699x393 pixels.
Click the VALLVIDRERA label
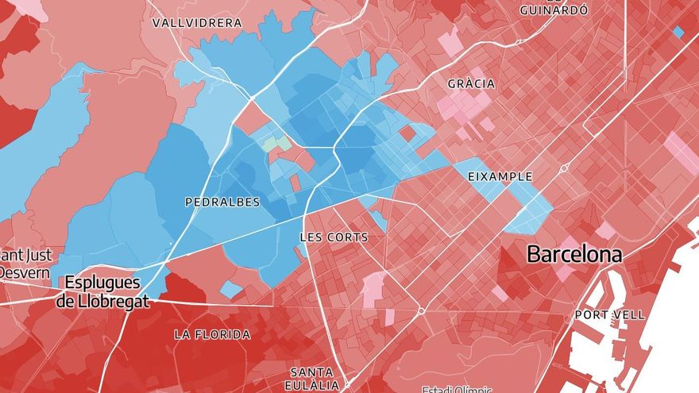[x=197, y=23]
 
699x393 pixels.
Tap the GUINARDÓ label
[x=554, y=10]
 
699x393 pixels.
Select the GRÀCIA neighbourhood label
[x=471, y=83]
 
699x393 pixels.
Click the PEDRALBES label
[x=222, y=202]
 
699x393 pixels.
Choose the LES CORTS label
[x=334, y=237]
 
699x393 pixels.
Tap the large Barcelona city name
[x=574, y=255]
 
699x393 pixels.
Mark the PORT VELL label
[x=610, y=315]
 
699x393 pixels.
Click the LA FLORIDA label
[x=212, y=335]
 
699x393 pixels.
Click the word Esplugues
[x=102, y=283]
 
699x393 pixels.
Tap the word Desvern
[x=24, y=272]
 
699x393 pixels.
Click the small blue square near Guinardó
[x=678, y=32]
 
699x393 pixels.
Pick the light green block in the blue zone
[x=276, y=144]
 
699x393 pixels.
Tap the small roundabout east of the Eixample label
[x=564, y=168]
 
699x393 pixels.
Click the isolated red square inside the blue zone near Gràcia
[x=407, y=133]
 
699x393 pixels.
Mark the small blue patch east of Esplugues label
[x=230, y=289]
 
